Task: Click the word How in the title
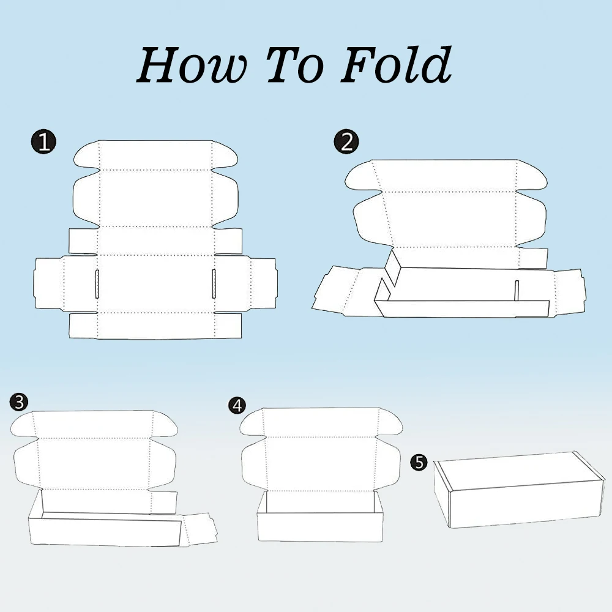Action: click(x=192, y=65)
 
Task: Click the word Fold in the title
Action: click(x=396, y=64)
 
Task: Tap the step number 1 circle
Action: click(x=43, y=141)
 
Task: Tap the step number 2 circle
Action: click(x=346, y=141)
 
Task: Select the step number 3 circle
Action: click(x=19, y=402)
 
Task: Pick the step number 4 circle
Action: click(x=237, y=406)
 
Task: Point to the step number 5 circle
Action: click(x=419, y=462)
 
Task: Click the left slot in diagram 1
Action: click(x=97, y=284)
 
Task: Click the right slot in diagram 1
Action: click(x=214, y=284)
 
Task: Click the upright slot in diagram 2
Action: click(x=517, y=291)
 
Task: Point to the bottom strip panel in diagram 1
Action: click(x=155, y=325)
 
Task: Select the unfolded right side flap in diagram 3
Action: click(x=200, y=529)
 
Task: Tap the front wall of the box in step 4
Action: click(x=319, y=527)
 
